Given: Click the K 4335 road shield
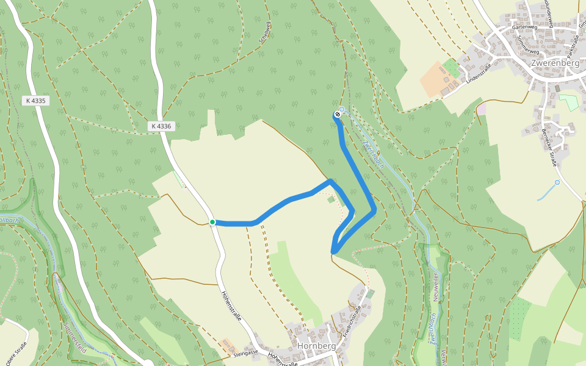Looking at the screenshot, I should (36, 101).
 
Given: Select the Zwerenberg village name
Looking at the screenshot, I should (554, 63).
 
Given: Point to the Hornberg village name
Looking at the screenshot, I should (316, 346).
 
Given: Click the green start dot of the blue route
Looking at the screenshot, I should (212, 222).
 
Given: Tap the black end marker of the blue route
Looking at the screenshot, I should (337, 114).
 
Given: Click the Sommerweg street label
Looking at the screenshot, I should (522, 42).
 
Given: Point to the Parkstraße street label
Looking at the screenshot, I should (573, 42).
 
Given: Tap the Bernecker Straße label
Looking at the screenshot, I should (548, 147).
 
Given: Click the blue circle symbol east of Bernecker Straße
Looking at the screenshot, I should (557, 182).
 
